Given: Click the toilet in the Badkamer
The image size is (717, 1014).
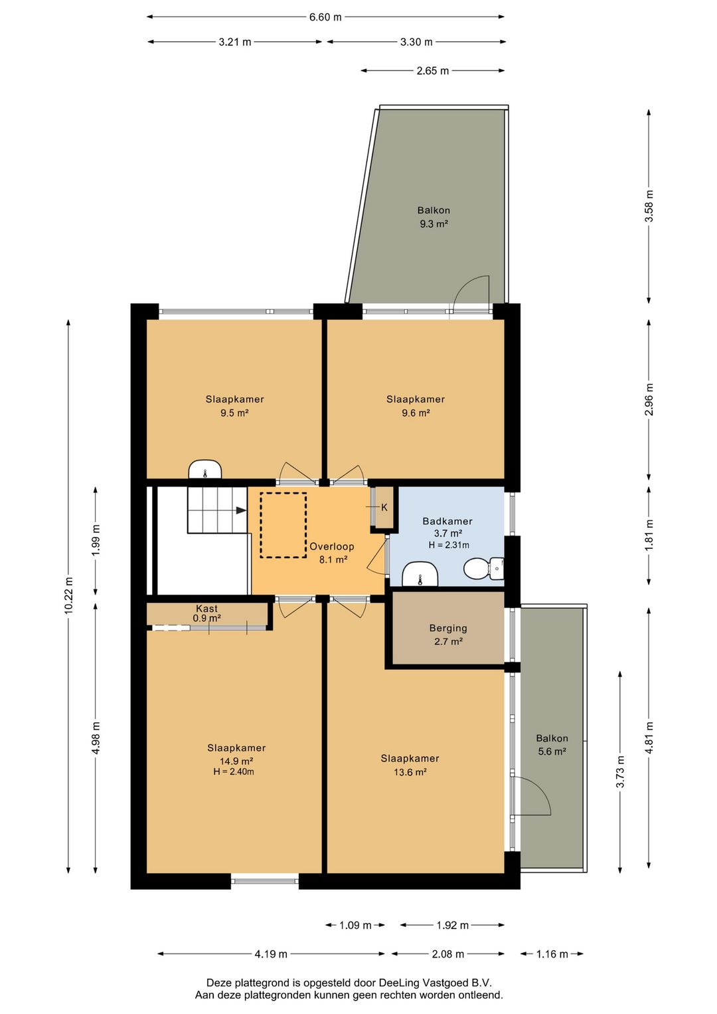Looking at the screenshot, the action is [x=483, y=569].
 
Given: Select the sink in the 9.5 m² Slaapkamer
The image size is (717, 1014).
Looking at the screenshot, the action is [x=205, y=469].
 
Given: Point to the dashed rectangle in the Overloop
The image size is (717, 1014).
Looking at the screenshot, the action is [x=283, y=525].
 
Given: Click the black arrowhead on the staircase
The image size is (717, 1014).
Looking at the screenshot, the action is [x=241, y=510].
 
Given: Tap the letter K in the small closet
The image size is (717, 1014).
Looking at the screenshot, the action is [x=384, y=508].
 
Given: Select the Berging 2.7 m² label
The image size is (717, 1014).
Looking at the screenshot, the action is [x=448, y=634].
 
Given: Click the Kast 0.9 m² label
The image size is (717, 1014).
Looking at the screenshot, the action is [x=206, y=613].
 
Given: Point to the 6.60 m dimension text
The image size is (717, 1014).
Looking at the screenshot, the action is [x=325, y=17].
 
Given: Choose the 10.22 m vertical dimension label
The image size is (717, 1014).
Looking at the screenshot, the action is [x=68, y=596].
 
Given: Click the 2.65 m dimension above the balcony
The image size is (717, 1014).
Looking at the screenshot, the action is [x=432, y=70].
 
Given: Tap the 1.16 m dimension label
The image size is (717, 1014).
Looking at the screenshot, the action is [x=552, y=954].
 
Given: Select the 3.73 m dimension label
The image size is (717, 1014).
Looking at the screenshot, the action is [x=620, y=772].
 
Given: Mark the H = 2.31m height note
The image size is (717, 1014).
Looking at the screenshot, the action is [x=449, y=545].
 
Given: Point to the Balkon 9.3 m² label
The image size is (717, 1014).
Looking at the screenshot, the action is [x=434, y=217].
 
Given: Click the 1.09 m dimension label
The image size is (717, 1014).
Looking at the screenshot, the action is [x=355, y=925].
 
